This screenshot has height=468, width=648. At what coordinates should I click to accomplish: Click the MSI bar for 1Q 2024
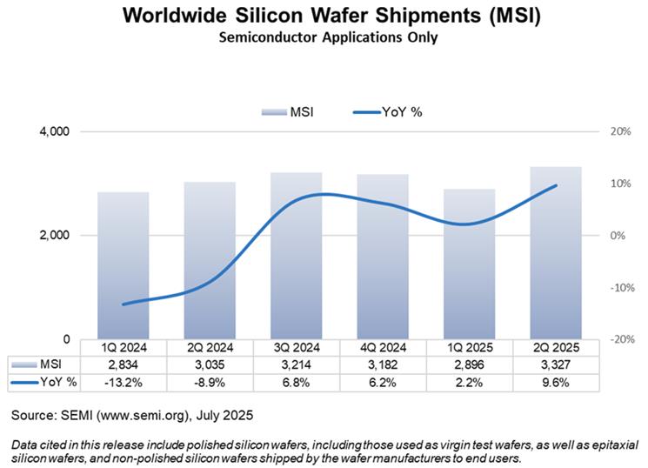coord(123,265)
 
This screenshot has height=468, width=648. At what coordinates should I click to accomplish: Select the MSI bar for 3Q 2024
coord(297,256)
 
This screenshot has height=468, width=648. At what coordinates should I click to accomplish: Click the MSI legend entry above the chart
coord(288,111)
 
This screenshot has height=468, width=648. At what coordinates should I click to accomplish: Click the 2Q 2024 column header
coord(210,347)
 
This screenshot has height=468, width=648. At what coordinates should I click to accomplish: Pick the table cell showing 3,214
coord(297,364)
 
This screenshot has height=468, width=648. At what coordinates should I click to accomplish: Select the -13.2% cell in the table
coord(123,381)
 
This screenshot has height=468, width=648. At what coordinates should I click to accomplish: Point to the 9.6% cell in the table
coord(556,381)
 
